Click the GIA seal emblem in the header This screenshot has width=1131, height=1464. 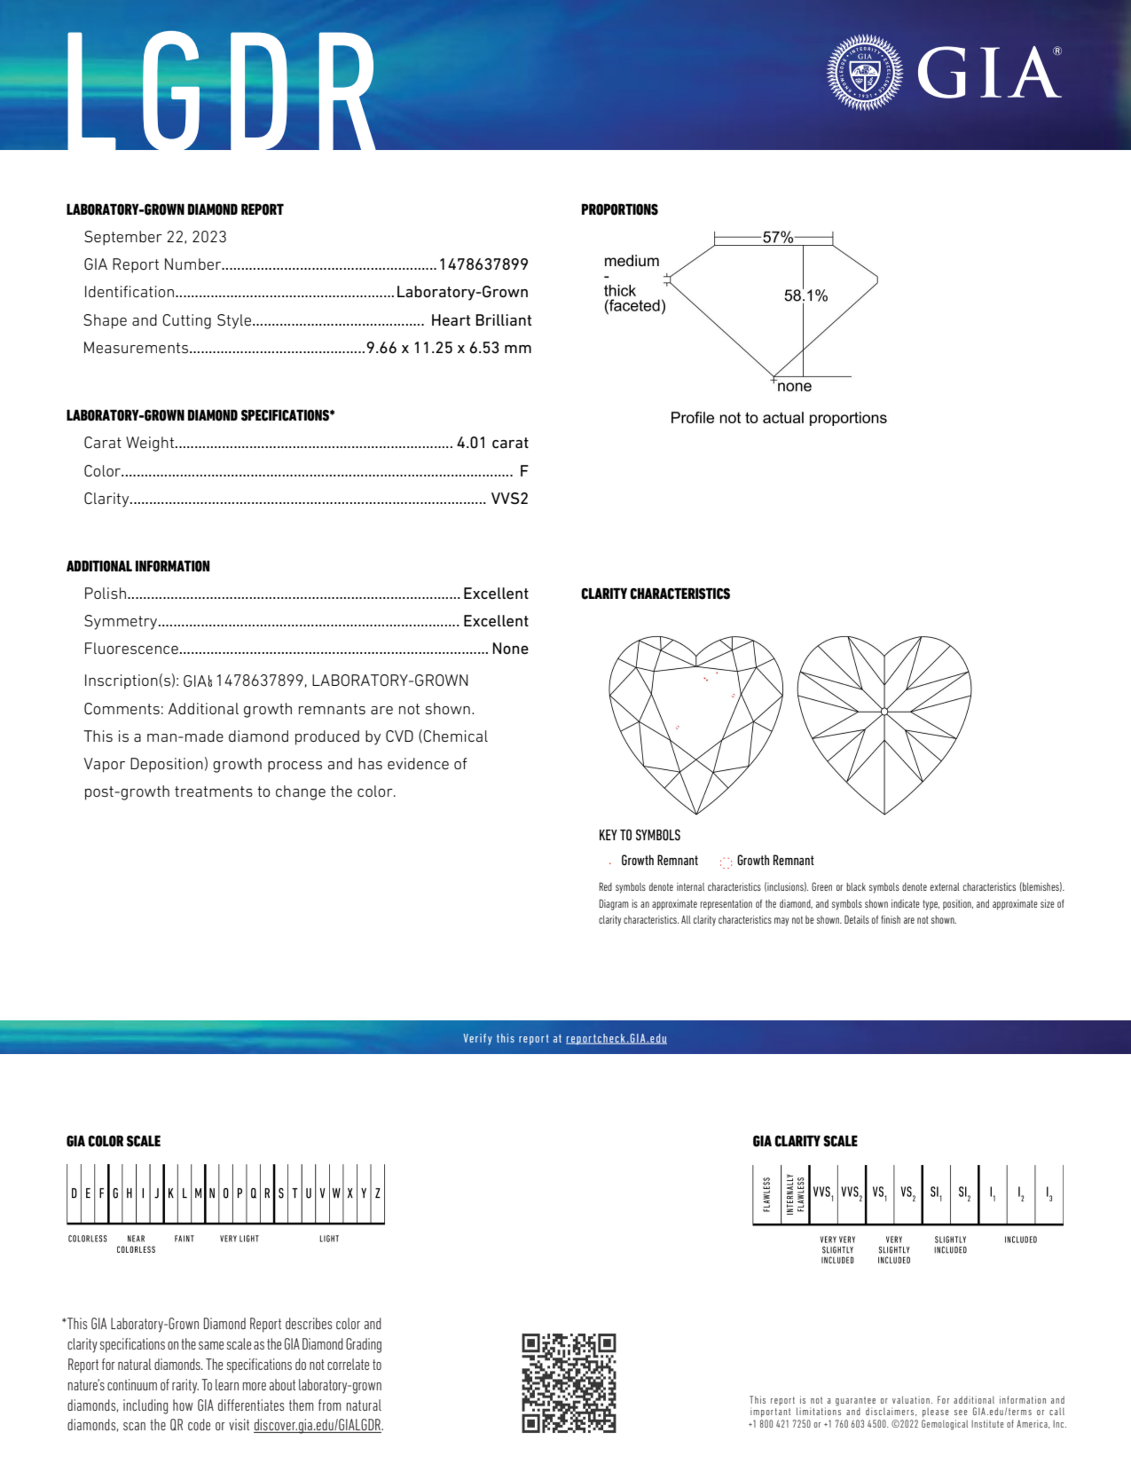click(864, 72)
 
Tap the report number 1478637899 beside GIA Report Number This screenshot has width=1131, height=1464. click(483, 265)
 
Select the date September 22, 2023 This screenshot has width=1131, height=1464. click(155, 237)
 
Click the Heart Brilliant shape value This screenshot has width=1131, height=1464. click(480, 320)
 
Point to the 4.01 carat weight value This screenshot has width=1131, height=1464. click(492, 443)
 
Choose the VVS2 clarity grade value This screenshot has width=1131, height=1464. click(509, 499)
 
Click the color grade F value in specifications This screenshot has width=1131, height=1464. click(523, 471)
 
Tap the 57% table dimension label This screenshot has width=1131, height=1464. click(778, 237)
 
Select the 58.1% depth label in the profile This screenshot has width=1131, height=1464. click(806, 296)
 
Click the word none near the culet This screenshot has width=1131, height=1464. click(795, 386)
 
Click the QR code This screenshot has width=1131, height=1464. click(569, 1383)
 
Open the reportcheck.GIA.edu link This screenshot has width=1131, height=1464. click(616, 1038)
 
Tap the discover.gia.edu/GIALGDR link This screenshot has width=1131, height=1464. click(317, 1426)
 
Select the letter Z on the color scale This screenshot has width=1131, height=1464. click(378, 1193)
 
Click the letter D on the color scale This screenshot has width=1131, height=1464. click(73, 1193)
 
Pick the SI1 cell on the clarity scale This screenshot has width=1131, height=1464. click(935, 1193)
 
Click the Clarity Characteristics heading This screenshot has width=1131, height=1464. click(655, 594)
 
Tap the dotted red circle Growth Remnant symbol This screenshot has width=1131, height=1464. click(725, 862)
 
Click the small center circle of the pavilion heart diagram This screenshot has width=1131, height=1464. click(885, 712)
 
